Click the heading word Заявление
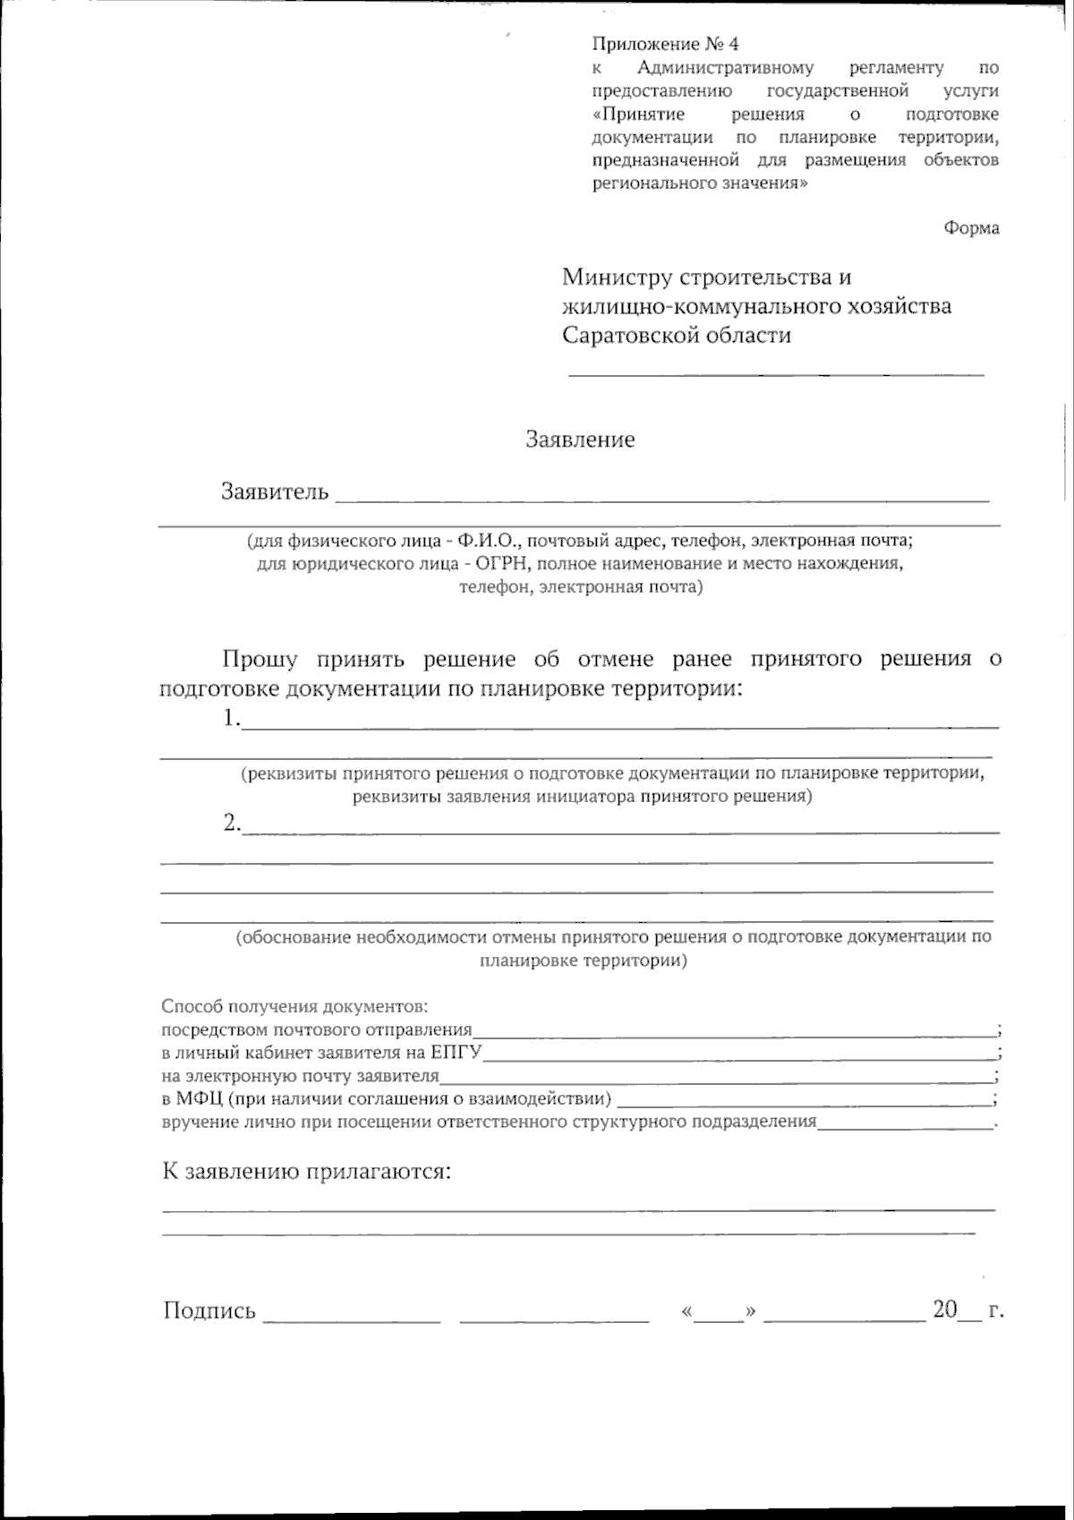point(580,440)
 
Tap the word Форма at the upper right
point(971,228)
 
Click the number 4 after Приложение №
point(735,44)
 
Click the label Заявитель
point(275,491)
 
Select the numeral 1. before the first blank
point(233,719)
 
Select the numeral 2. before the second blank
point(233,823)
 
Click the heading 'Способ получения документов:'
point(295,1006)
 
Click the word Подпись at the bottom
point(209,1311)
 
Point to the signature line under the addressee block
point(776,373)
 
